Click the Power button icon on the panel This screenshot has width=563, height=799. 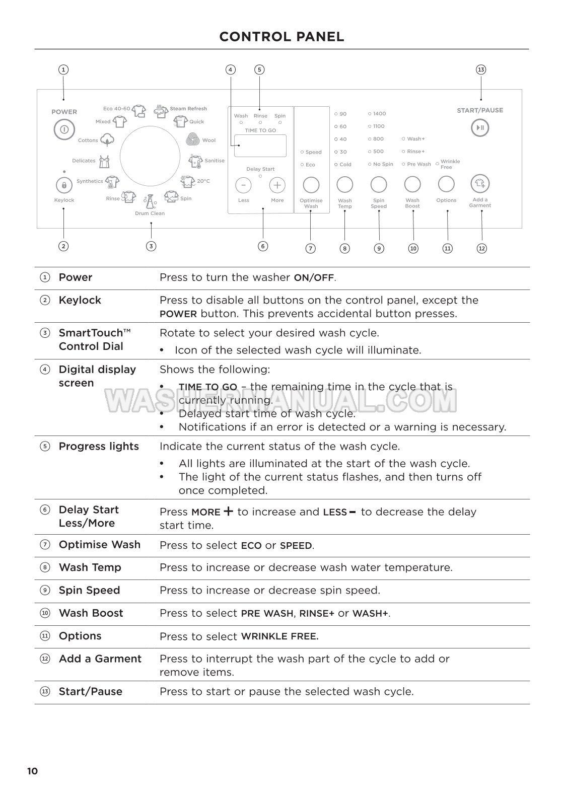64,129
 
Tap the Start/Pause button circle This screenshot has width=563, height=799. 480,128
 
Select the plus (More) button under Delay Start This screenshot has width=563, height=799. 277,185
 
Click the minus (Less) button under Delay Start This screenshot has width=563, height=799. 243,185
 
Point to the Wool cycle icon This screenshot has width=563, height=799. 193,139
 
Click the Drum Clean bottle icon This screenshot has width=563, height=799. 150,202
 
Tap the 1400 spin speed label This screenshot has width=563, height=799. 379,114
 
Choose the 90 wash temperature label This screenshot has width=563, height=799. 342,114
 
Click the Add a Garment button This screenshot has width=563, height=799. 480,184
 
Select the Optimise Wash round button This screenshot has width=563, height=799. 311,185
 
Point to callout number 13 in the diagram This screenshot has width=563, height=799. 481,69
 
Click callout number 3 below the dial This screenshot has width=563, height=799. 151,246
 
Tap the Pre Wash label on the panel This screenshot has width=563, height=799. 419,164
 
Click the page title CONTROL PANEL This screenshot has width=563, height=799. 281,37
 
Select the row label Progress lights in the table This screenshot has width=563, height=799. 99,447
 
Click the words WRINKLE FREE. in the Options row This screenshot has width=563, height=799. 279,636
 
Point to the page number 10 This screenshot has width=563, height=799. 32,771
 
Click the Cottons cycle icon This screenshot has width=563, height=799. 107,139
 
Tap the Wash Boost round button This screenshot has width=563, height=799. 412,184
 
